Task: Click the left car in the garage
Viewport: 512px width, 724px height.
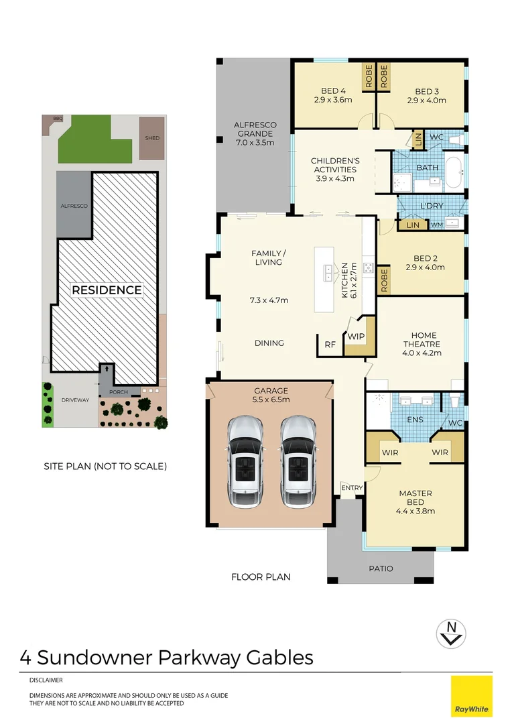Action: (x=245, y=462)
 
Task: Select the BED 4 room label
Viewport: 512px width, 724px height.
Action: (x=334, y=96)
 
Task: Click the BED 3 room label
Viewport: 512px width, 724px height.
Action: (x=427, y=96)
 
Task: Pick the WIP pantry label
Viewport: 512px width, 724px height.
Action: (x=355, y=337)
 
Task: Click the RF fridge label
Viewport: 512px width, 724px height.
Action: (x=330, y=345)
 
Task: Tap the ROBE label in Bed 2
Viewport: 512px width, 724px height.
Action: (x=385, y=280)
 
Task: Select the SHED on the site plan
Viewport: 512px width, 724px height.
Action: (x=151, y=139)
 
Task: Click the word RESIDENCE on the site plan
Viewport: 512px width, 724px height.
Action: (x=107, y=290)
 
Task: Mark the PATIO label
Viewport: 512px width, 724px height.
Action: (x=381, y=568)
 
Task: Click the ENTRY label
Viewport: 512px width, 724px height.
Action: (x=353, y=487)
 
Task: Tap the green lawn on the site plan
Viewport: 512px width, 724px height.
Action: (x=94, y=143)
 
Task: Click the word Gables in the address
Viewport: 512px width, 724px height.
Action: (x=279, y=657)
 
